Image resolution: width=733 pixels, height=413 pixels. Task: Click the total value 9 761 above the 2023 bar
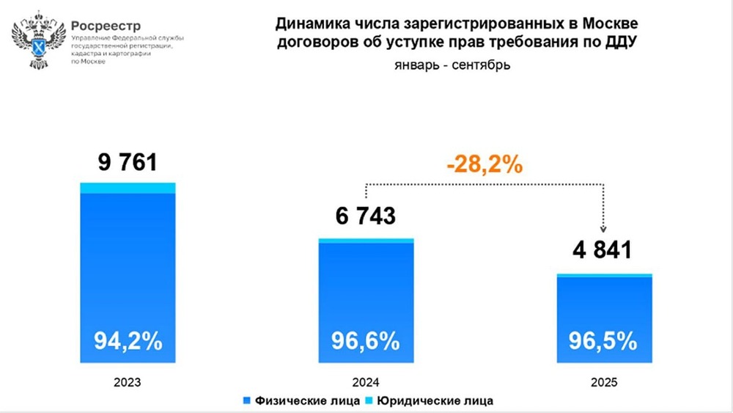pyautogui.click(x=128, y=161)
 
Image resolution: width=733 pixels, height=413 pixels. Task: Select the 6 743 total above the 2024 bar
pyautogui.click(x=366, y=216)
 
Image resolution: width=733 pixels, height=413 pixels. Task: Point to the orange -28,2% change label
pyautogui.click(x=485, y=164)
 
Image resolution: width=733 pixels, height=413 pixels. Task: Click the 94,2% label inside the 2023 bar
pyautogui.click(x=128, y=341)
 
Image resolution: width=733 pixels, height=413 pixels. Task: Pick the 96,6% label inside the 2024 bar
pyautogui.click(x=366, y=341)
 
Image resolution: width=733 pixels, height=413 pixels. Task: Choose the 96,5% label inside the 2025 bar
pyautogui.click(x=603, y=341)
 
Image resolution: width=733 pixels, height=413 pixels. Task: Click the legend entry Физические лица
pyautogui.click(x=300, y=401)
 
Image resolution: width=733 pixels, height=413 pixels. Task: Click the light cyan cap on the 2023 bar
pyautogui.click(x=128, y=188)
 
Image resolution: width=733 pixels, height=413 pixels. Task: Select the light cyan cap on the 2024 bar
pyautogui.click(x=366, y=241)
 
